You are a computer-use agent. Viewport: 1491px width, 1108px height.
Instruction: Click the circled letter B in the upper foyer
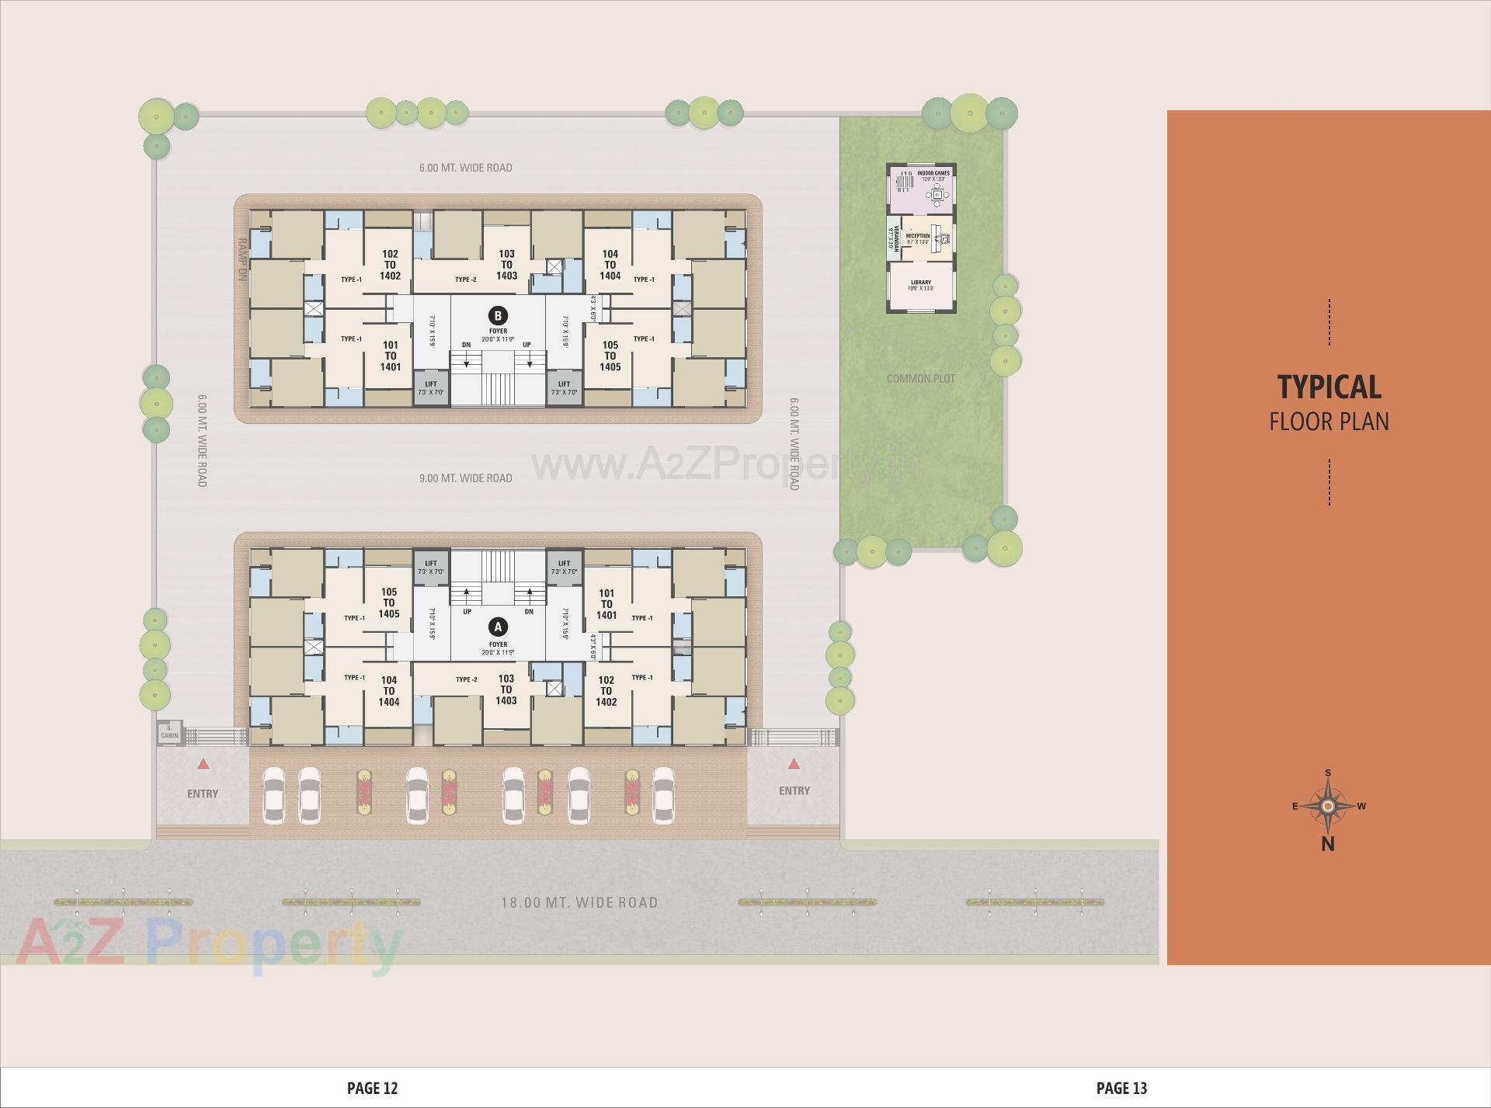click(498, 315)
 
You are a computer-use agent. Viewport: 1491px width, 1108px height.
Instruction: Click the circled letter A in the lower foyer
click(498, 627)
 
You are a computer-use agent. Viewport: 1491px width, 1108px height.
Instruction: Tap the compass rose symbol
click(1328, 806)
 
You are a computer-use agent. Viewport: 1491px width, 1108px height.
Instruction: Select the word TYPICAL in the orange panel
click(1329, 387)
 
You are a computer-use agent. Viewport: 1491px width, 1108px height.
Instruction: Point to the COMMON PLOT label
click(920, 379)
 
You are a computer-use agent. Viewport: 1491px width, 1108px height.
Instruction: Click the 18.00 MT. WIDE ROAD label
click(579, 902)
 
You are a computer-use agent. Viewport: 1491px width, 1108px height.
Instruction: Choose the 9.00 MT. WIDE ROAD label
click(465, 478)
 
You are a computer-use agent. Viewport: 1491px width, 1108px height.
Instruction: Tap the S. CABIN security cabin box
click(169, 732)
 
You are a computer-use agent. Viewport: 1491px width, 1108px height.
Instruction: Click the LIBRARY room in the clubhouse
click(921, 285)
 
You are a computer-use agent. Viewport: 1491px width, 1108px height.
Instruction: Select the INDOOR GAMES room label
click(933, 174)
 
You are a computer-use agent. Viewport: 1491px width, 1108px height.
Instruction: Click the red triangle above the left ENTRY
click(203, 765)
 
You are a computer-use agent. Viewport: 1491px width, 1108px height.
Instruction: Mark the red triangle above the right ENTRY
click(794, 765)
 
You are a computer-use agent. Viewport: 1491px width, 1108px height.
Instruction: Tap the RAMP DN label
click(242, 259)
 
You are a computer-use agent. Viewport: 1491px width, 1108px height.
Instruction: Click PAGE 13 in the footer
click(1121, 1089)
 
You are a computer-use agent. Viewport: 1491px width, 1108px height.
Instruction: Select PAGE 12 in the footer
click(372, 1089)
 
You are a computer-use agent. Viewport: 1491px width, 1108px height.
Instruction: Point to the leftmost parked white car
click(274, 794)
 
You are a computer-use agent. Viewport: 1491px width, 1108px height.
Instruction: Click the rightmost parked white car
click(663, 794)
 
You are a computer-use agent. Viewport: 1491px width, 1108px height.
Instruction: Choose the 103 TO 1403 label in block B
click(506, 265)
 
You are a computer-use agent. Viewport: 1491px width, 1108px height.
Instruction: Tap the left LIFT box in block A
click(431, 568)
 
